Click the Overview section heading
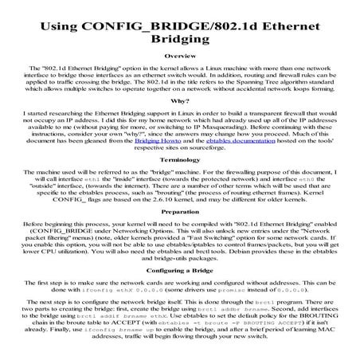pos(179,57)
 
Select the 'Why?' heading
pos(179,101)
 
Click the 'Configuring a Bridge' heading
pos(179,272)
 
